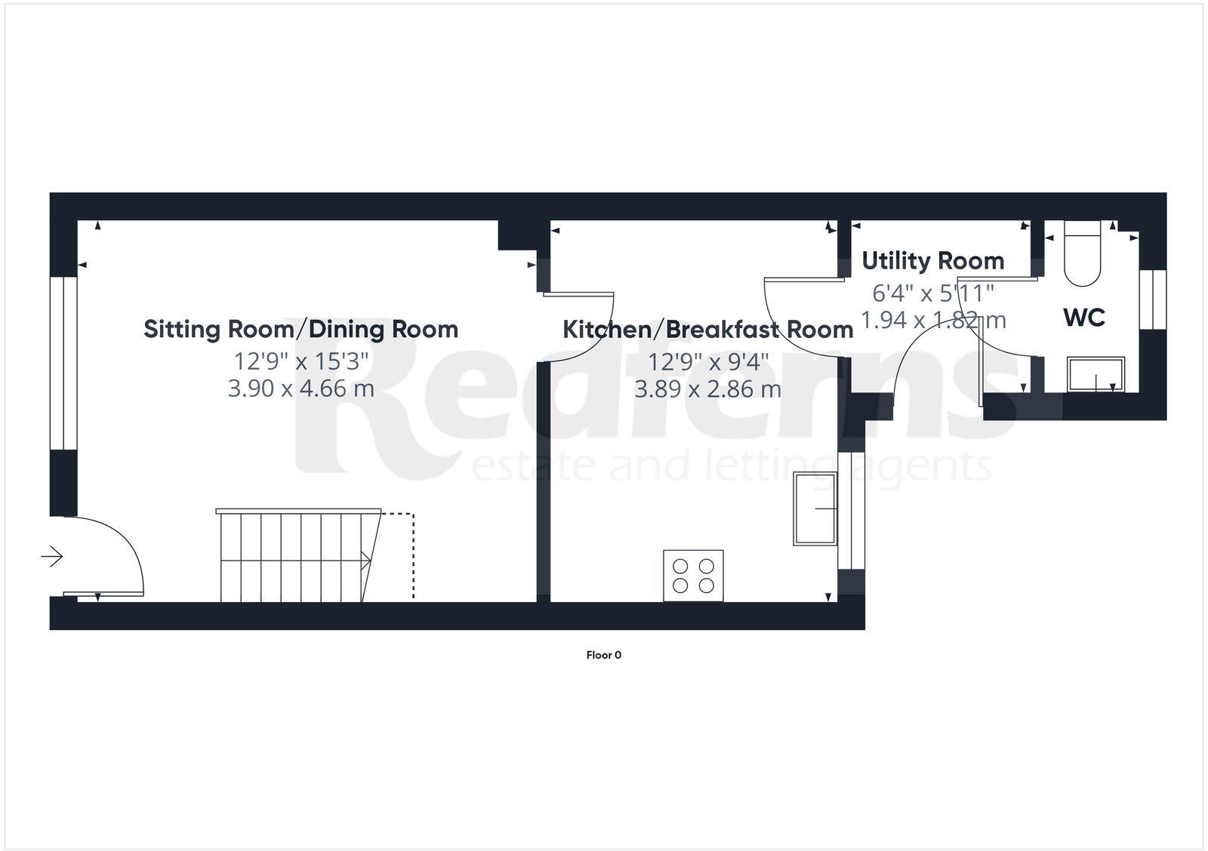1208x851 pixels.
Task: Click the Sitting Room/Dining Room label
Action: point(300,329)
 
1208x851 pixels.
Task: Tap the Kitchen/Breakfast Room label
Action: point(707,330)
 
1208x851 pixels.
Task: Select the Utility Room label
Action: point(932,260)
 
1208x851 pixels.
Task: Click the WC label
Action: point(1084,318)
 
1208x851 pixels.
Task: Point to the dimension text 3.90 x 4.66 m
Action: point(300,389)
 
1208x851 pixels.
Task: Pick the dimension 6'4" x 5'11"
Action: point(932,292)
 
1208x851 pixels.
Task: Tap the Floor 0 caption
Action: point(603,655)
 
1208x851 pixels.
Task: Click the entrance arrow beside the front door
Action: point(51,557)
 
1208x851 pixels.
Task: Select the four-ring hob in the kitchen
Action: point(693,576)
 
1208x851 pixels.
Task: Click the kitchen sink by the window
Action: point(815,508)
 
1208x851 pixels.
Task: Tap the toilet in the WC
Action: point(1083,254)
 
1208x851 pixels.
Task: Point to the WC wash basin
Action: point(1096,374)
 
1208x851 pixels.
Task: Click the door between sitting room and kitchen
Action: point(578,326)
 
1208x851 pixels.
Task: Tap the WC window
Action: point(1152,299)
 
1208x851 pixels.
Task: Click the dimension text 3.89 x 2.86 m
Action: point(707,389)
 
